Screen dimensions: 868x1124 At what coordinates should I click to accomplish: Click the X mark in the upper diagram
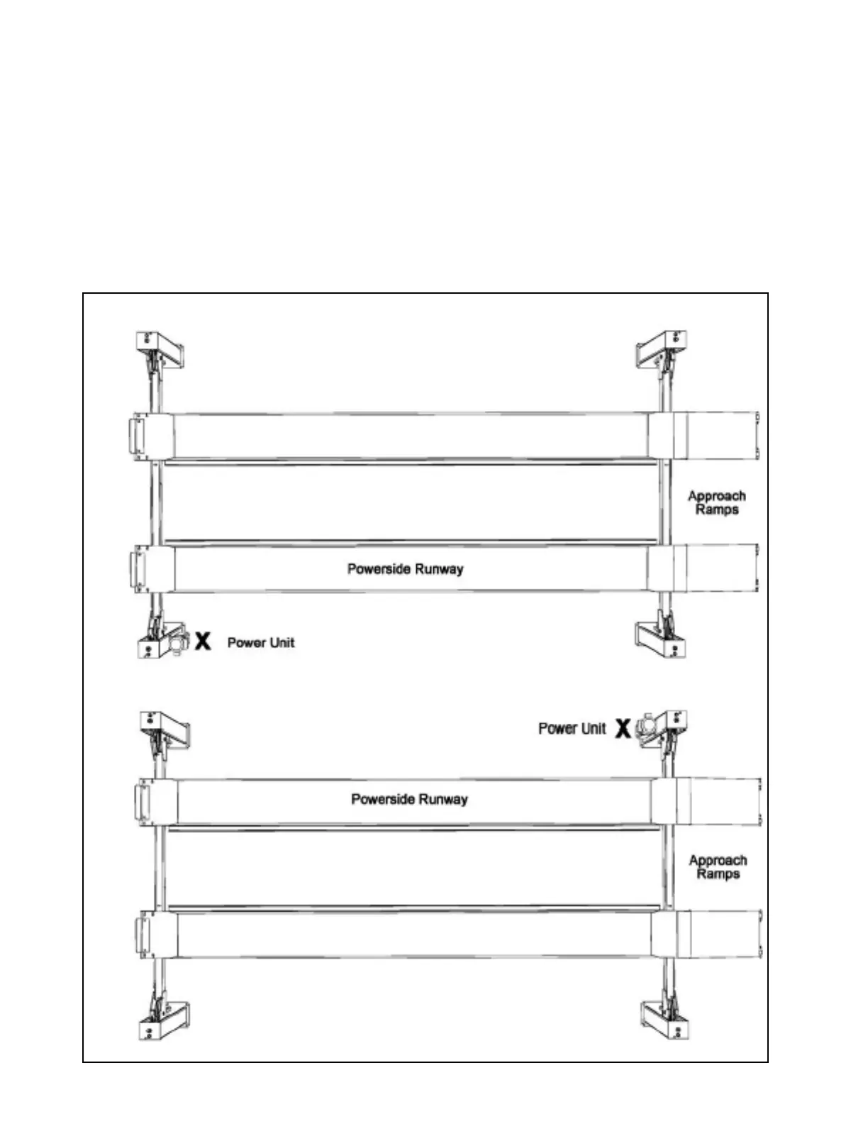tap(203, 641)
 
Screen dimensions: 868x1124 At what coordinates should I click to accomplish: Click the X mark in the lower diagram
tap(622, 728)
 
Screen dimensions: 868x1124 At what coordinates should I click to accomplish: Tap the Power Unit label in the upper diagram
tap(260, 642)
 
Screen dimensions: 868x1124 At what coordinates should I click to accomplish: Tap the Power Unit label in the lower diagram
tap(572, 729)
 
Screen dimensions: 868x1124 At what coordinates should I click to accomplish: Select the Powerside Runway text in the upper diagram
tap(405, 568)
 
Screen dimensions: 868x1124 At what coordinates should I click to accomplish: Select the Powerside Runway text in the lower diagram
tap(409, 799)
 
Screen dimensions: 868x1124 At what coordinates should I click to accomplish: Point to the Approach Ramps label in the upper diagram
tap(716, 502)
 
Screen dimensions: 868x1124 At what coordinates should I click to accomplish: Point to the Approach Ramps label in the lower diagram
tap(718, 866)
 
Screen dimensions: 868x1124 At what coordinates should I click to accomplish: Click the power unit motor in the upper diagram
tap(177, 642)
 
